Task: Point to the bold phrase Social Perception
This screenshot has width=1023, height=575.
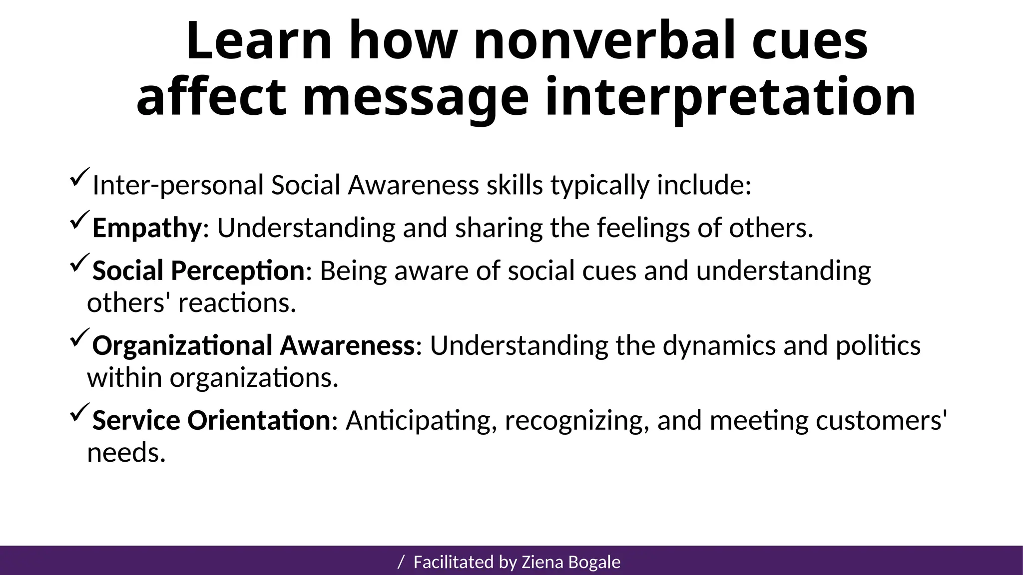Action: click(x=198, y=271)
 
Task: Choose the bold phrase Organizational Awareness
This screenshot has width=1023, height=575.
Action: click(x=253, y=346)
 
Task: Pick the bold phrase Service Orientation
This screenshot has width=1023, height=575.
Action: click(x=211, y=420)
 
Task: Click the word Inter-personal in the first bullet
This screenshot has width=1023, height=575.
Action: click(x=178, y=186)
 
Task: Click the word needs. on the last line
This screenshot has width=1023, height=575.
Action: click(x=126, y=453)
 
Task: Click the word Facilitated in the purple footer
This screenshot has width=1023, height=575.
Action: click(x=454, y=563)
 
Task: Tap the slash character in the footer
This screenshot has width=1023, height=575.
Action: click(x=401, y=563)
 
